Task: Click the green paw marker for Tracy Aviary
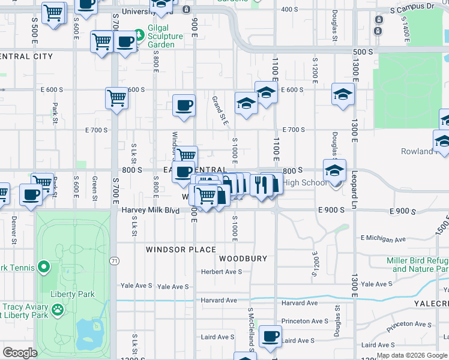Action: pos(58,310)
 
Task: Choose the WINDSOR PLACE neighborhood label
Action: pos(181,249)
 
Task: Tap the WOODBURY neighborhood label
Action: pos(243,259)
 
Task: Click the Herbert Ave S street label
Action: pos(221,271)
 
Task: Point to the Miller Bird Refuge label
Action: pos(418,260)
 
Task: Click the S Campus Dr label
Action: pos(412,10)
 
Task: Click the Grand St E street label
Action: pos(220,110)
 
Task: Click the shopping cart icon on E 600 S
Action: pos(116,98)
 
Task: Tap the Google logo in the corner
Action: pos(20,353)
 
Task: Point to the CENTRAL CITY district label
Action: pos(27,56)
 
